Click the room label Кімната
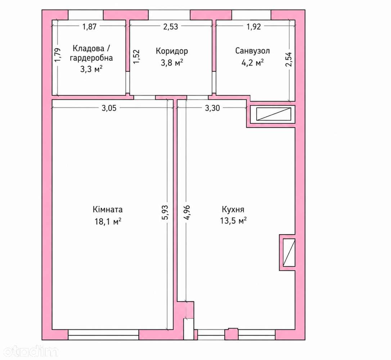coord(108,209)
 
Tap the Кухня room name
coord(233,209)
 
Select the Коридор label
coord(172,51)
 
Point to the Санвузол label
coord(252,51)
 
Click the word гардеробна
coord(91,58)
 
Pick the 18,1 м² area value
coord(108,221)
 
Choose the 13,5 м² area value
coord(233,221)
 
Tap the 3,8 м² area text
coord(172,62)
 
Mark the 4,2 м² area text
coord(252,62)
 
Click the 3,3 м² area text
coord(91,69)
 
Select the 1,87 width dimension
coord(89,26)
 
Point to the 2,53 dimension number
coord(171,26)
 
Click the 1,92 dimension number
coord(253,26)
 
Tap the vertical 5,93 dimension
coord(165,213)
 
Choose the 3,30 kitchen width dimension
coord(212,108)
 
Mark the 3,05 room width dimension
coord(109,108)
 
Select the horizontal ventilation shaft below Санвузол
coord(274,114)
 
